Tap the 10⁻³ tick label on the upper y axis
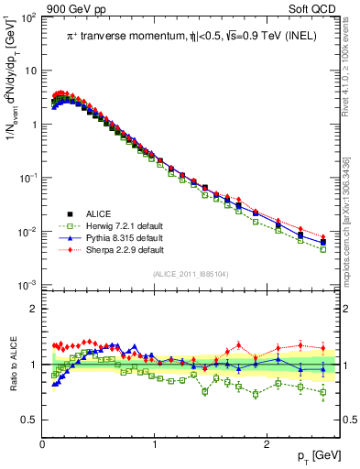click(28, 287)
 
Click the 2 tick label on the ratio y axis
click(34, 309)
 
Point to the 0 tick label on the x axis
click(43, 444)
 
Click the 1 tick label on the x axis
click(155, 444)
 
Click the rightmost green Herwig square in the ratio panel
click(322, 392)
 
